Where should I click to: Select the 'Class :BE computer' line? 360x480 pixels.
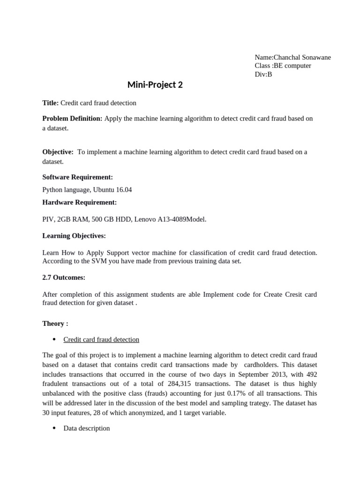[283, 66]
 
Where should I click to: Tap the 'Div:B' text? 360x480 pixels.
[263, 74]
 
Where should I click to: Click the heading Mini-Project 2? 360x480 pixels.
[155, 85]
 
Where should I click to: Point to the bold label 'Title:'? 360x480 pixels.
[51, 103]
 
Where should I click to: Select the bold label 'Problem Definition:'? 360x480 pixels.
[72, 119]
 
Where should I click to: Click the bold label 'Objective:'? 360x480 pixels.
[58, 152]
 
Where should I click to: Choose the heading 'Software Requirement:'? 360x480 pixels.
[77, 177]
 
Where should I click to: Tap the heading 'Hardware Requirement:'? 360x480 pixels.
[79, 202]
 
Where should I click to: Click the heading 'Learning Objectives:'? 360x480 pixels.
[74, 235]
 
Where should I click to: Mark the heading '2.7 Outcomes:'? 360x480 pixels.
[64, 277]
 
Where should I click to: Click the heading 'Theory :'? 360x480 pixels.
[55, 323]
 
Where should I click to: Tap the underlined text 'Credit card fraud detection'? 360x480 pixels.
[101, 339]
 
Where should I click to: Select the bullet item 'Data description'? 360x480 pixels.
[87, 428]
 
